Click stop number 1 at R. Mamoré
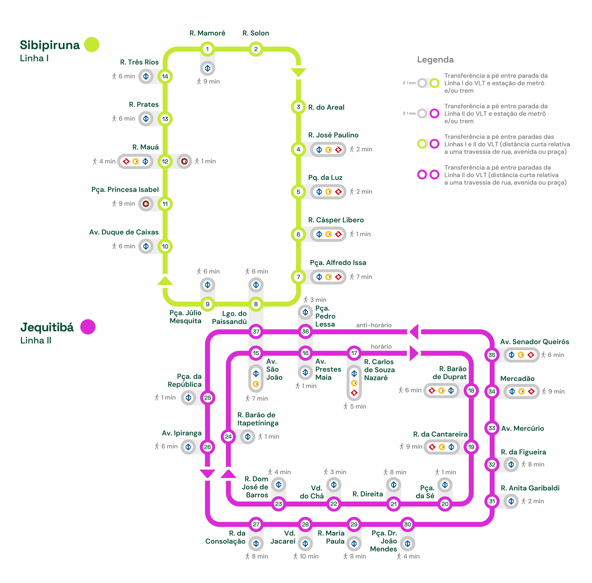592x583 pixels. pos(207,49)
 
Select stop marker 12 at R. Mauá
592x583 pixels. pos(165,161)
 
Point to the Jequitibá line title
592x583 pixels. pos(47,327)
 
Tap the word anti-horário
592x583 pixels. pos(373,325)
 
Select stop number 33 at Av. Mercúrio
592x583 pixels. pos(492,428)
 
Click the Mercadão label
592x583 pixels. pos(517,378)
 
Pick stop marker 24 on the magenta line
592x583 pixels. pos(228,437)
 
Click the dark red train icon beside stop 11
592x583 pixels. pos(146,204)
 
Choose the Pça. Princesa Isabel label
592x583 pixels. pos(125,189)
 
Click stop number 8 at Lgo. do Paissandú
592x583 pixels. pos(256,304)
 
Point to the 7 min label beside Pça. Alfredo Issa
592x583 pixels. pos(364,277)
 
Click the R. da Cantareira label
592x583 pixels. pos(440,434)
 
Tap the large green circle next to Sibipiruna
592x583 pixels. pos(92,45)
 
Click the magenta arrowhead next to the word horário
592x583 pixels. pos(413,353)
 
